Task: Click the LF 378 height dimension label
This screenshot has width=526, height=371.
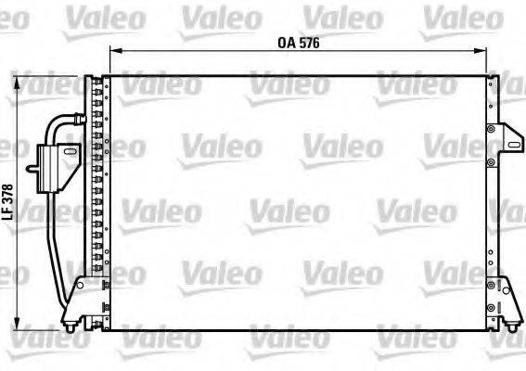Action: (8, 199)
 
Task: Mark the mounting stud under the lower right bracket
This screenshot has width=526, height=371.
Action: (510, 325)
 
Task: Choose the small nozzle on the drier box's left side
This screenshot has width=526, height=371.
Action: (31, 170)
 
